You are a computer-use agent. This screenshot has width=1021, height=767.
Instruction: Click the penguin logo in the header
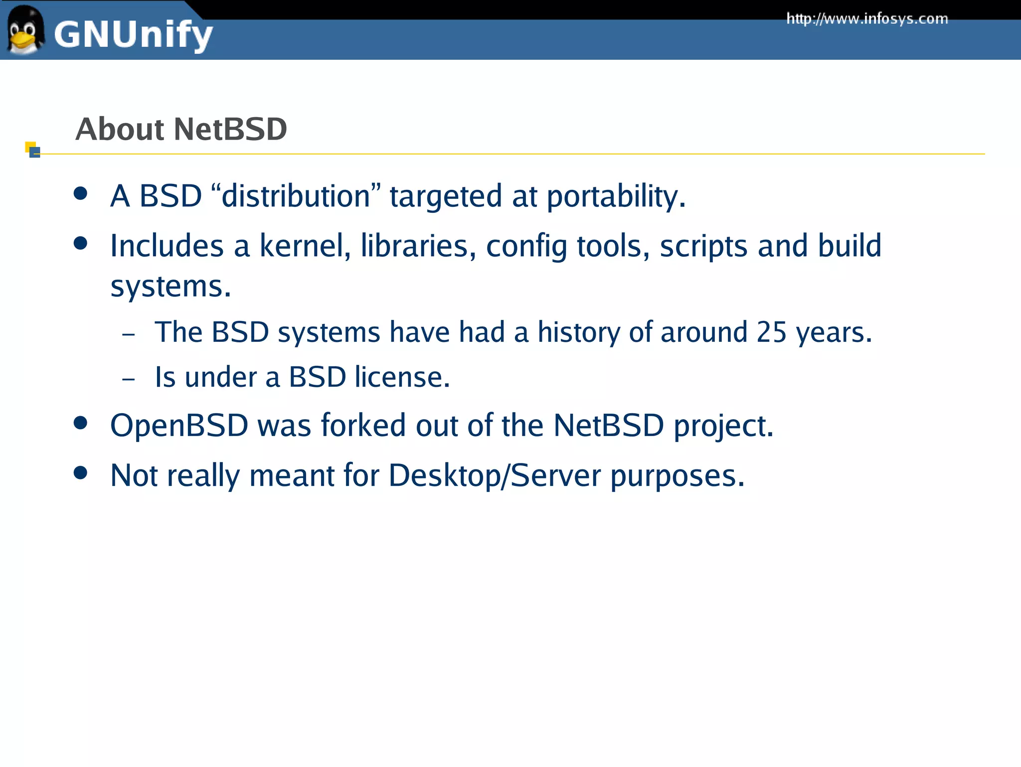[24, 30]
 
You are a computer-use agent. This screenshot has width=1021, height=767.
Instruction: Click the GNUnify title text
[133, 35]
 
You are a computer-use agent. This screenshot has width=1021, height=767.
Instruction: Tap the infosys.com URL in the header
[867, 19]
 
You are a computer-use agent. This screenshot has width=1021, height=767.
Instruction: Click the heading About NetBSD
[181, 129]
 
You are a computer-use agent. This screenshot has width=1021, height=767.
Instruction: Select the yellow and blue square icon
[32, 150]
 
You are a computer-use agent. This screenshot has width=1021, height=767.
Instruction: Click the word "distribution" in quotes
[296, 196]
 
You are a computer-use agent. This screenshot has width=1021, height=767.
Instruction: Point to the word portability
[616, 196]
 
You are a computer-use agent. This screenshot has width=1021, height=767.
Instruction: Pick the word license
[402, 377]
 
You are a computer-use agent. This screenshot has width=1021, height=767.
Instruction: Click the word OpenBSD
[179, 426]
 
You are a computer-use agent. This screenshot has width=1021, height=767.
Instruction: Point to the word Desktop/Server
[495, 475]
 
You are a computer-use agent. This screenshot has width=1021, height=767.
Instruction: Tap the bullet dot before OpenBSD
[80, 423]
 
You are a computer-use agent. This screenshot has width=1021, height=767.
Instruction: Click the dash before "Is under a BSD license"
[128, 379]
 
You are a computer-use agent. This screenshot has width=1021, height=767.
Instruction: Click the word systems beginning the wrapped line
[170, 287]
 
